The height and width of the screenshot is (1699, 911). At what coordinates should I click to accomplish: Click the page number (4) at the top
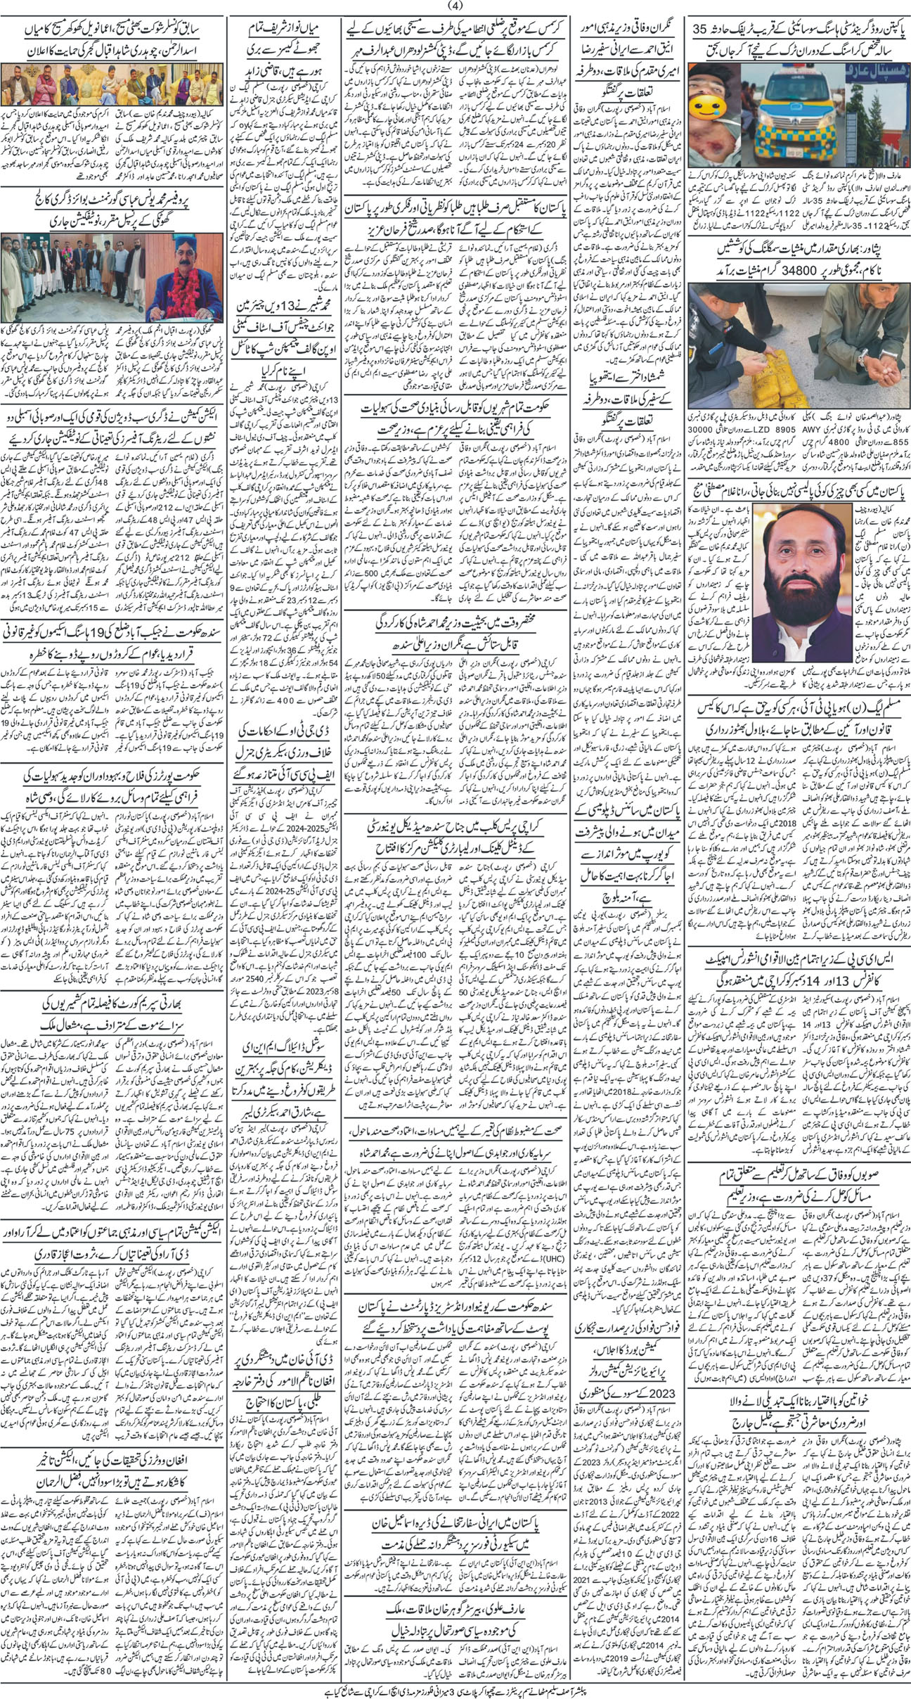pyautogui.click(x=455, y=7)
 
